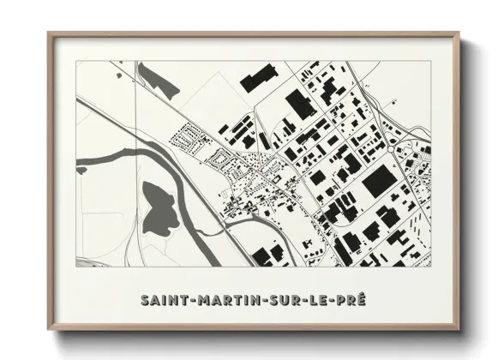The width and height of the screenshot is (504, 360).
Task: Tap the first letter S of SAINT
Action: pos(145,301)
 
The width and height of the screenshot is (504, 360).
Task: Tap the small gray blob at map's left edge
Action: pos(81,171)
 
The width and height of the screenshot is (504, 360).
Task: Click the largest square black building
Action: pos(379,182)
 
